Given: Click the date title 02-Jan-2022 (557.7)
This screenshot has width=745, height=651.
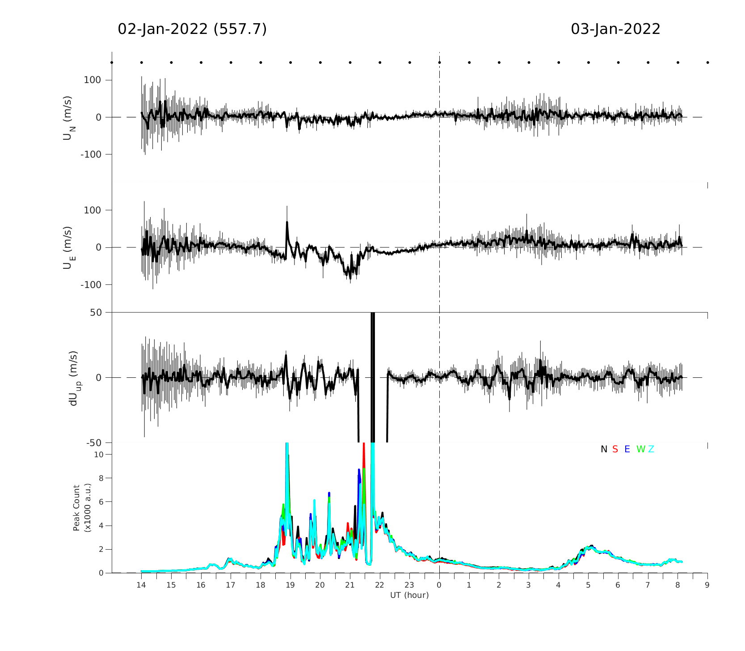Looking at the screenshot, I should pyautogui.click(x=192, y=29).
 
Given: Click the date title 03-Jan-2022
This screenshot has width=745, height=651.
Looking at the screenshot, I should pyautogui.click(x=615, y=29).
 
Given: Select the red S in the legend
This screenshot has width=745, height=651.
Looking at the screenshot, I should pyautogui.click(x=615, y=449).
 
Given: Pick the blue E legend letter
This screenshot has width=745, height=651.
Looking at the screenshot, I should pyautogui.click(x=627, y=449).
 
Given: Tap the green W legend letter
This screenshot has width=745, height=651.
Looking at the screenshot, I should pyautogui.click(x=640, y=449).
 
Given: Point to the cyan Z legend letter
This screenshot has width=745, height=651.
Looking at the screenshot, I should pyautogui.click(x=651, y=449).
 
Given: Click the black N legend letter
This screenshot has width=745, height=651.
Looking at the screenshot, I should pyautogui.click(x=604, y=449).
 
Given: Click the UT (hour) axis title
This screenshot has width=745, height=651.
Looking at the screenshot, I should pyautogui.click(x=409, y=595).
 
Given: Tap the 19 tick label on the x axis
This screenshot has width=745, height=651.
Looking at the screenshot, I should pyautogui.click(x=290, y=585).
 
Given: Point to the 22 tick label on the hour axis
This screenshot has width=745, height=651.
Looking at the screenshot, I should pyautogui.click(x=379, y=585).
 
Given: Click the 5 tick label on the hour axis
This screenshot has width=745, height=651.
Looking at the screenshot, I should pyautogui.click(x=588, y=585).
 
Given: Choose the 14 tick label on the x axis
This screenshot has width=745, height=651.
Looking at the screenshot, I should pyautogui.click(x=141, y=585).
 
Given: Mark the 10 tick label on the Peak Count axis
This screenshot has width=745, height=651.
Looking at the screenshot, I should pyautogui.click(x=99, y=455).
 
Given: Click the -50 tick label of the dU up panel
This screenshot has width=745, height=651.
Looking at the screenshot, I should pyautogui.click(x=94, y=443).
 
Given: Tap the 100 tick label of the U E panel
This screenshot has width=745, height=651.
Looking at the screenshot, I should pyautogui.click(x=93, y=210).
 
